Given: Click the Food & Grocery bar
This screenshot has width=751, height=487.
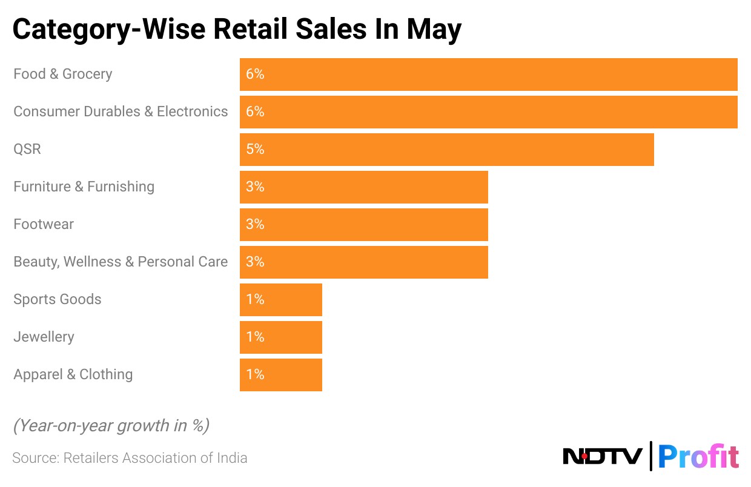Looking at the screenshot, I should (x=488, y=75).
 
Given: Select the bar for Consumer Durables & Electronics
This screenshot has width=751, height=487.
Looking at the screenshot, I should (x=488, y=112).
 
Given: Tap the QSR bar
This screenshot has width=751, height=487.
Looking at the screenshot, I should (x=446, y=150).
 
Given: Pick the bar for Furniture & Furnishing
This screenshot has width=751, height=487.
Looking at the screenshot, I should (x=363, y=187).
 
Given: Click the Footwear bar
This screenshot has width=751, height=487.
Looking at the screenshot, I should (x=363, y=225).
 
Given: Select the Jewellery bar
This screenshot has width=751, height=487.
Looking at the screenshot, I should (x=280, y=337).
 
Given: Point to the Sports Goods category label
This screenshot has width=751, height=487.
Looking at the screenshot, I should (x=58, y=299).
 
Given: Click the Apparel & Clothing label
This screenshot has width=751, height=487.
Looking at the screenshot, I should (x=73, y=374).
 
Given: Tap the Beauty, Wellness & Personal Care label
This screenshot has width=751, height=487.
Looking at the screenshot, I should (x=121, y=262).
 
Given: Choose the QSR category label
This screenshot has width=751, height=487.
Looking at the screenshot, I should (x=27, y=149).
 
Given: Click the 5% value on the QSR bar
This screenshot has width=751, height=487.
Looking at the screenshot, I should (x=255, y=149).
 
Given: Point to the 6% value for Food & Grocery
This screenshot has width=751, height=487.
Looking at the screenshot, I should (x=255, y=74).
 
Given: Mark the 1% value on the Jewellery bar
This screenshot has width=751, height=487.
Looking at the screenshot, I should (x=255, y=337).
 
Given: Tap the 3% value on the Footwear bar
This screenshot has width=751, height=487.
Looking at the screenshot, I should (x=255, y=224).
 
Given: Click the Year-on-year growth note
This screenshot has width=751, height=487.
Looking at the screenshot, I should (x=111, y=426).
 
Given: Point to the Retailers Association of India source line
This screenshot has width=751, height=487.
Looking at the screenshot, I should (x=130, y=458).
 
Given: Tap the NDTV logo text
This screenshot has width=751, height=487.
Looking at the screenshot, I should (x=602, y=456).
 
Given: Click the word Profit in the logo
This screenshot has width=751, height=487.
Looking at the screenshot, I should (x=698, y=456).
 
